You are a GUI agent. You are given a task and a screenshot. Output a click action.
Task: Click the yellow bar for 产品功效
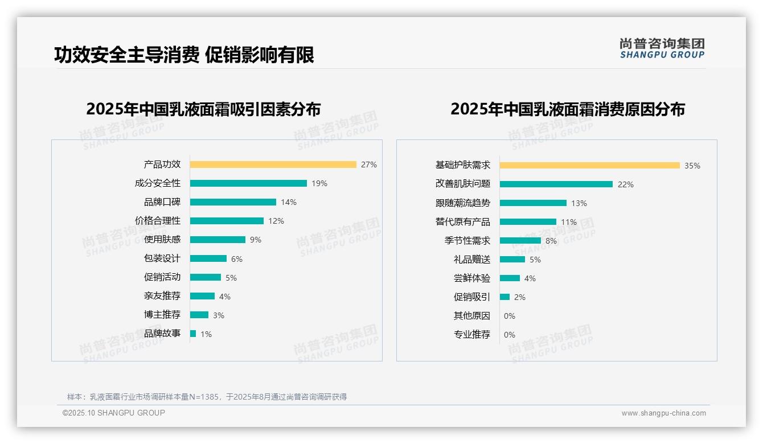(273, 165)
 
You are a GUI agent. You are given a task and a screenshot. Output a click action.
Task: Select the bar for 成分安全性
(248, 183)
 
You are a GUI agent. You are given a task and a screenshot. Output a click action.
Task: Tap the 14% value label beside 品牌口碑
(289, 202)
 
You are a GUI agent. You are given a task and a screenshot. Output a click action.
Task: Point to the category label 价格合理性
(158, 221)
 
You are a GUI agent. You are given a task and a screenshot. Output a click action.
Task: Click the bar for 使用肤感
(218, 240)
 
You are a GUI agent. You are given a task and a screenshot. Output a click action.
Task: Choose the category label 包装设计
(162, 258)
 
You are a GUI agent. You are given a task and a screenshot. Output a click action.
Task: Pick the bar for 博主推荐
(199, 315)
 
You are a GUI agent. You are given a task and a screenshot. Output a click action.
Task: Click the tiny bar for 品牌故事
(193, 334)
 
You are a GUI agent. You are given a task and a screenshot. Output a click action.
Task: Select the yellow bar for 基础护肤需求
(590, 166)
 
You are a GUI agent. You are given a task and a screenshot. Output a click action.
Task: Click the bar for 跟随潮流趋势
(534, 203)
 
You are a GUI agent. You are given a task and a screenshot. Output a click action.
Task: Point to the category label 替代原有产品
(463, 222)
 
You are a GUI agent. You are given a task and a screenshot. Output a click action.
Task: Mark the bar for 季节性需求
(520, 241)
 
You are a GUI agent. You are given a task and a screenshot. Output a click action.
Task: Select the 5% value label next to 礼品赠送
(535, 260)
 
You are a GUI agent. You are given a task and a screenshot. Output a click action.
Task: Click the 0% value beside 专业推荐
(510, 335)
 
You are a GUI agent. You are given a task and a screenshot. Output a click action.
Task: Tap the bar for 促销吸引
(505, 297)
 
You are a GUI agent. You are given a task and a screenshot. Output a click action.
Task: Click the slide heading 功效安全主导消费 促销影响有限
(184, 55)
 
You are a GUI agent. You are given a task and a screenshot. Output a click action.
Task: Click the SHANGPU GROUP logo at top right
(662, 48)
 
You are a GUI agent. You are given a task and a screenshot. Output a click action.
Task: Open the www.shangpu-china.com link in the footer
(663, 413)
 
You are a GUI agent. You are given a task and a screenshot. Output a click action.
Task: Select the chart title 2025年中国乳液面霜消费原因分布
(568, 109)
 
